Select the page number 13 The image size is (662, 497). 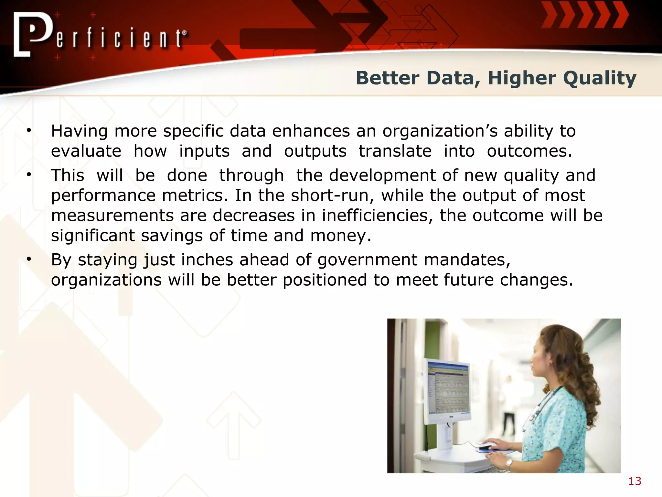(x=635, y=481)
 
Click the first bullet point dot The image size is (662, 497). (x=29, y=130)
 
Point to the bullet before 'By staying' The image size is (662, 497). (x=29, y=259)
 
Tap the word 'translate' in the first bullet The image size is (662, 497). (x=395, y=151)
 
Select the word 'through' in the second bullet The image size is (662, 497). (x=251, y=176)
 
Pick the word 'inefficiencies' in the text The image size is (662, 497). (x=378, y=215)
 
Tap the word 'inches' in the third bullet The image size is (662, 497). (x=207, y=260)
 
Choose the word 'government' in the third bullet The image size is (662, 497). (x=368, y=260)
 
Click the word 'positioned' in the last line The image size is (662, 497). (x=325, y=280)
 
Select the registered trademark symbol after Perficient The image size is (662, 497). (x=184, y=33)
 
